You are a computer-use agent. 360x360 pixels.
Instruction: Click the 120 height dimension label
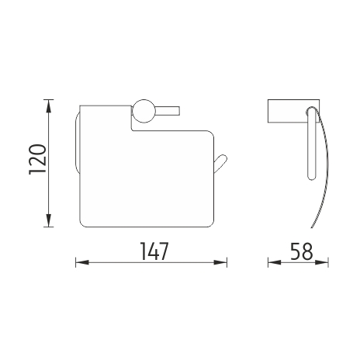tap(38, 159)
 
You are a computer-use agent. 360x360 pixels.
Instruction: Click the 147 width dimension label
tap(154, 251)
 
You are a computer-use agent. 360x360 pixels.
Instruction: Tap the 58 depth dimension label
tap(301, 251)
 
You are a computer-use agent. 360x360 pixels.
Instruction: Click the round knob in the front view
tap(144, 111)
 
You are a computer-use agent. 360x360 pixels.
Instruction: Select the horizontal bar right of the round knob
tap(168, 111)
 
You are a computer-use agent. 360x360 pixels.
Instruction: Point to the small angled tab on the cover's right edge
tap(220, 164)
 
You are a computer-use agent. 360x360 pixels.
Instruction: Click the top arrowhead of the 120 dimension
tap(49, 106)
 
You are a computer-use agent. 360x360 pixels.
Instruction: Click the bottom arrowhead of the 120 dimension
tap(49, 220)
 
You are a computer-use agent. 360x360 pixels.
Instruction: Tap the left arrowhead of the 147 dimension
tap(82, 262)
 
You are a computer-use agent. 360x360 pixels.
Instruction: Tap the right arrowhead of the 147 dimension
tap(220, 262)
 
